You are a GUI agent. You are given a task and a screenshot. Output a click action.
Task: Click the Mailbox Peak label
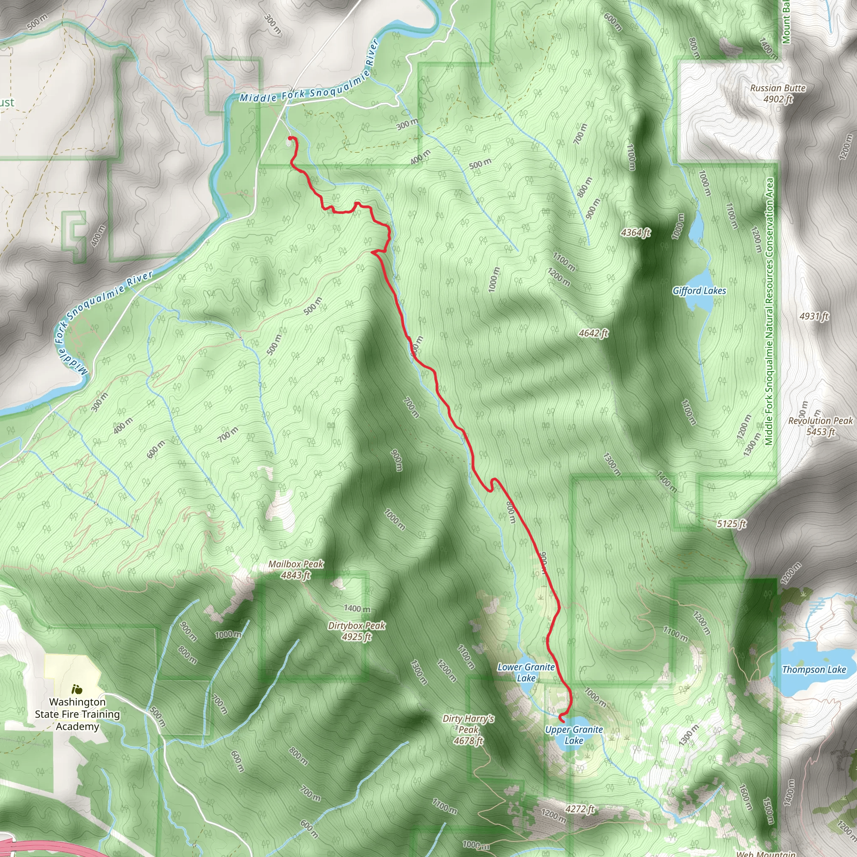296,570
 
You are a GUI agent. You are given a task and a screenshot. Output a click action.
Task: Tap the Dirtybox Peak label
357,631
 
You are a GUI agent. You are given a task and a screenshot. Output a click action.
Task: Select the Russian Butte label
777,93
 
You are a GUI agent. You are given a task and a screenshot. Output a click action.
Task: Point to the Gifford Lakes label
699,290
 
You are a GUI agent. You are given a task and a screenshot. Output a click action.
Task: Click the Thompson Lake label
814,670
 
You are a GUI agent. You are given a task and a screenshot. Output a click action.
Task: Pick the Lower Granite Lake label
526,672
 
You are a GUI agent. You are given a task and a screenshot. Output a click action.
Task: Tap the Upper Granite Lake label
574,735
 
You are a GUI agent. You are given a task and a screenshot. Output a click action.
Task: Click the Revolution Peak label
820,426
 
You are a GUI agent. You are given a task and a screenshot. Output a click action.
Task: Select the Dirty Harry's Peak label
468,729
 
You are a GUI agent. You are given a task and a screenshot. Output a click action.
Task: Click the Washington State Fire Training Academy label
77,714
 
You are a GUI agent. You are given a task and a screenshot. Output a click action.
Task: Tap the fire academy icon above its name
77,690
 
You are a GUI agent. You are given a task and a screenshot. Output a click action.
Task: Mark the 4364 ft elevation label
635,232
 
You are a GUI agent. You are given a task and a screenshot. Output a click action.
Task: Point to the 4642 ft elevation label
593,333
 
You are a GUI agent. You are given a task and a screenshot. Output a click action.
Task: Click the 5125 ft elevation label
731,524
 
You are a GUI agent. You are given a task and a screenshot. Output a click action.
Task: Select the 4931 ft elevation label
814,316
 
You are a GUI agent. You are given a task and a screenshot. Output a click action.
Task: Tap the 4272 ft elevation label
579,810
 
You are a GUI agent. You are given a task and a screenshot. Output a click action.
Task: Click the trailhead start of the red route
290,139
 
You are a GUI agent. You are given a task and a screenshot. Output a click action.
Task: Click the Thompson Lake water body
803,652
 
